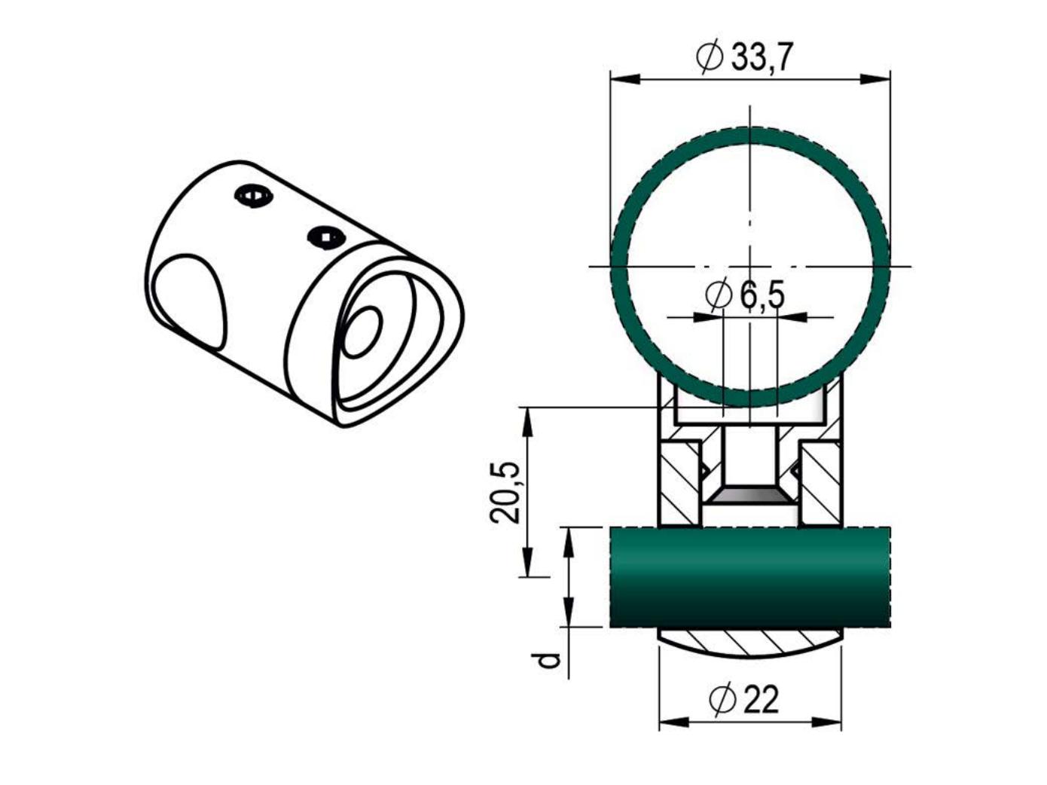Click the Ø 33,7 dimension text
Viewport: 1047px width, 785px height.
click(744, 57)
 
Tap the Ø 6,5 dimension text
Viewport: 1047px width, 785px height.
click(745, 295)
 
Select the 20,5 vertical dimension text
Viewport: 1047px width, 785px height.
click(505, 493)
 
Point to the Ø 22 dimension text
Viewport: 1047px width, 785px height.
click(744, 700)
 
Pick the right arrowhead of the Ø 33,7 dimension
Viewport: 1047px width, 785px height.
click(875, 79)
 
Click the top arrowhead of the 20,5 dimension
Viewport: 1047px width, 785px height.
click(527, 423)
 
